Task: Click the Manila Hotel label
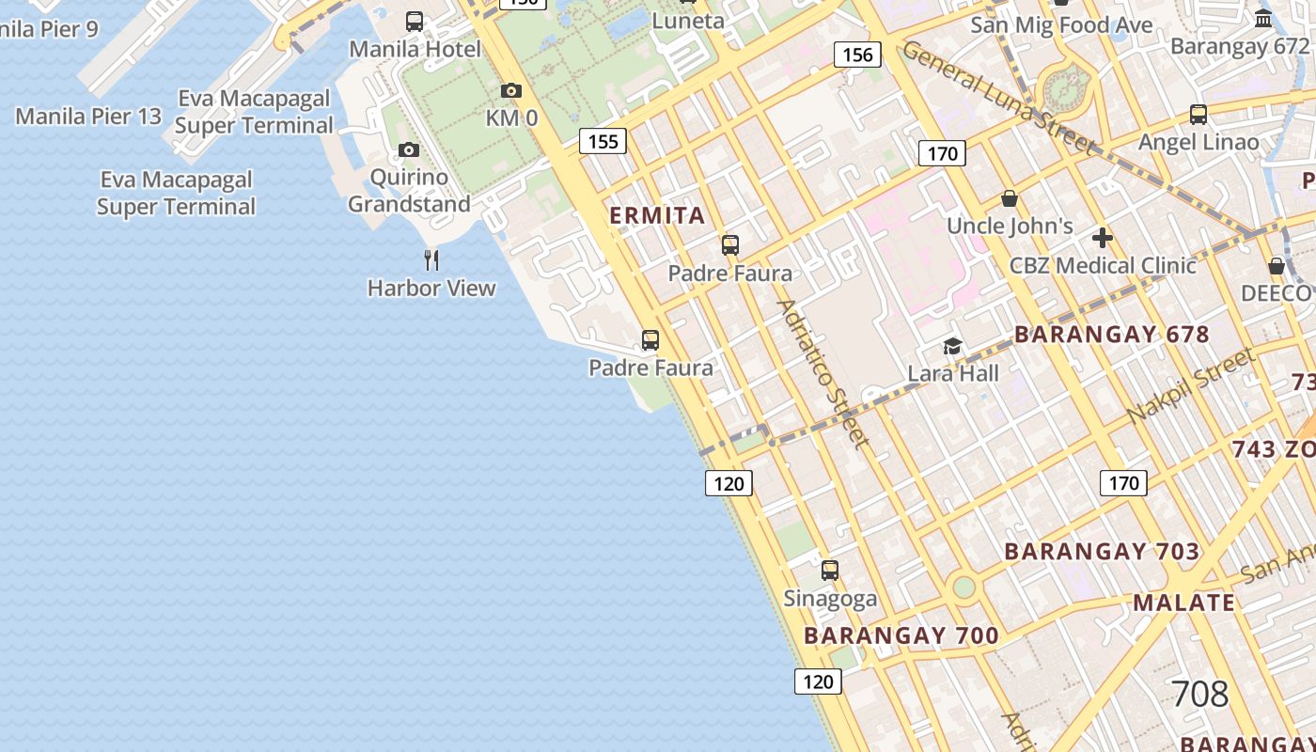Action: click(415, 48)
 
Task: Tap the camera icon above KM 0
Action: click(511, 90)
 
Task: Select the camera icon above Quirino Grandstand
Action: click(408, 149)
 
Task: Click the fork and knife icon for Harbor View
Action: click(431, 259)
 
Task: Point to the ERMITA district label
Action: click(657, 215)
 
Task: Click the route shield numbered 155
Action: click(603, 141)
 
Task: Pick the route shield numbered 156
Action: click(857, 55)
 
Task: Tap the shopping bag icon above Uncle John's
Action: click(1010, 198)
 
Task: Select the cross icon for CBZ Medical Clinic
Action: click(1103, 238)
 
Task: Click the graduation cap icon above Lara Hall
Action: click(952, 346)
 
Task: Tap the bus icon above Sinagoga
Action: click(830, 570)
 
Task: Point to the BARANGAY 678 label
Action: click(1111, 335)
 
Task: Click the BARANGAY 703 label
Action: click(1102, 551)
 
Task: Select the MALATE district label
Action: click(1183, 603)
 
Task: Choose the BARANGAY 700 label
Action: click(901, 635)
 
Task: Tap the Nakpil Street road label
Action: click(1190, 384)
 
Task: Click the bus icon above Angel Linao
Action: click(1198, 115)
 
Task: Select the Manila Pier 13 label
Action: click(88, 117)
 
